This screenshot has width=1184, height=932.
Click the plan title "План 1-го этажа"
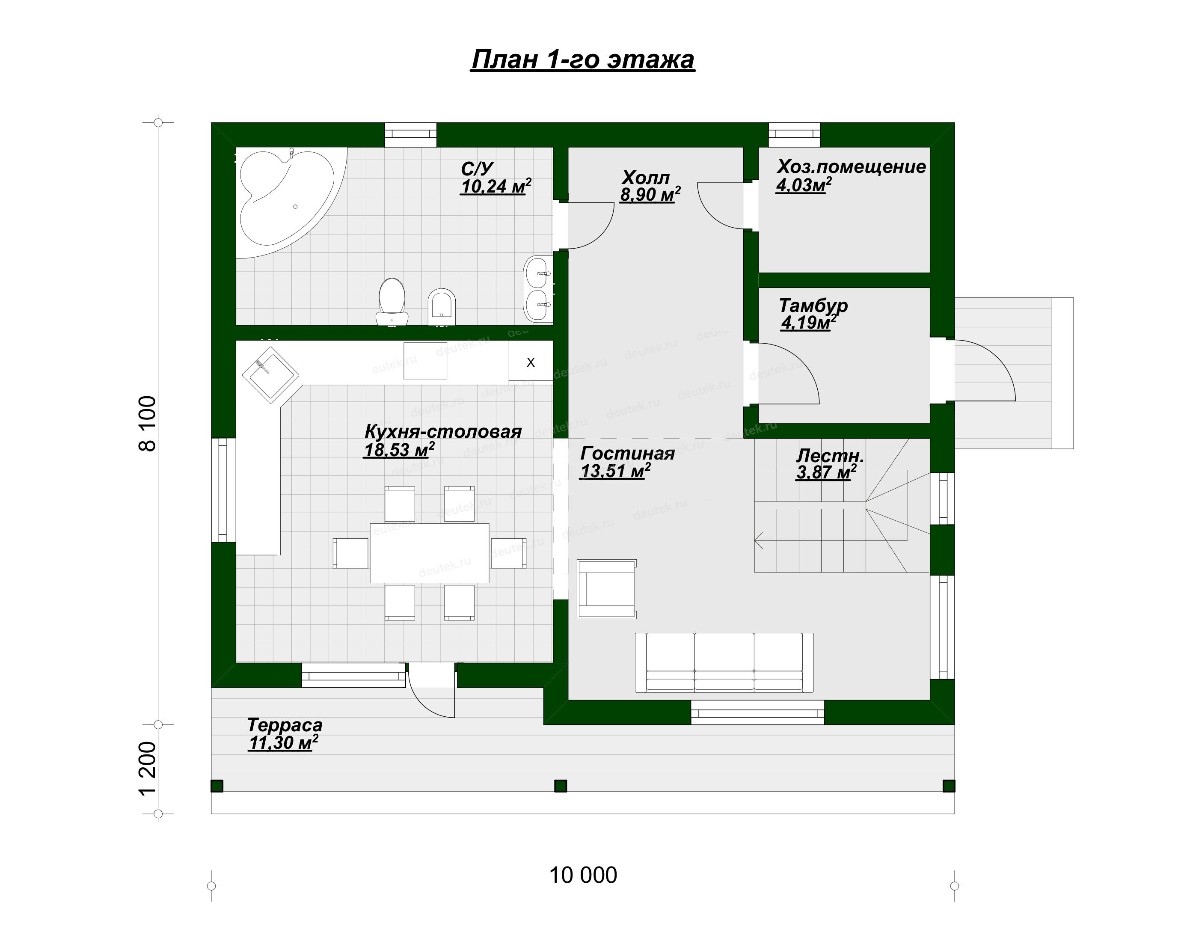[583, 59]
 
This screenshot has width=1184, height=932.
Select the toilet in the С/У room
[392, 301]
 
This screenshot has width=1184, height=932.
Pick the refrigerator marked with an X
[530, 361]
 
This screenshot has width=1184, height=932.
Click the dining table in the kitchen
[430, 553]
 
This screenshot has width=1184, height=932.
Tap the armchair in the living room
[607, 589]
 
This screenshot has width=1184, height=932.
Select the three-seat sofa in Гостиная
[724, 662]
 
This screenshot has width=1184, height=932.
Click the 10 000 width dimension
[583, 875]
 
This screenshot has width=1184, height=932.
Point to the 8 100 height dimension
[148, 424]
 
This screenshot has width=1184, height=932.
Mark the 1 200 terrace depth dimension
[148, 768]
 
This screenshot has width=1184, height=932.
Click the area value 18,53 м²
[399, 450]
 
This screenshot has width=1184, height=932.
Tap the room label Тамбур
[813, 305]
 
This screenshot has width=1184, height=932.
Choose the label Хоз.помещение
[851, 166]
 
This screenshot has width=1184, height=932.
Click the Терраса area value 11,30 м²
[283, 743]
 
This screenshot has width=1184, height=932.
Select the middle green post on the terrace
[561, 786]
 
